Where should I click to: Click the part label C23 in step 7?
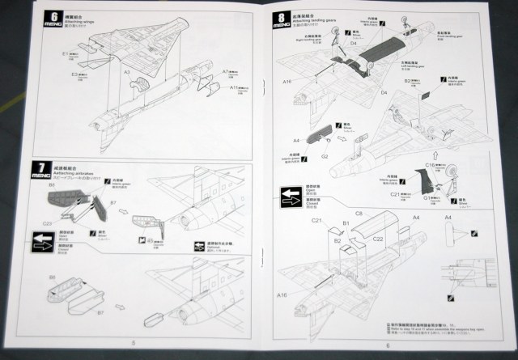coord(46,222)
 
